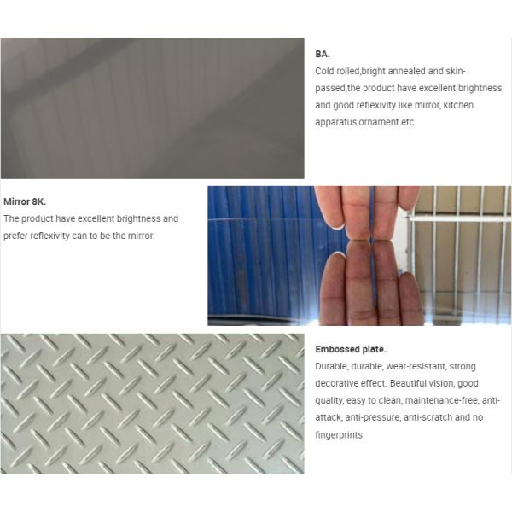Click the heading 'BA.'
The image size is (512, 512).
click(323, 55)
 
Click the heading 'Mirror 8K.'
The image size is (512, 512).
click(25, 201)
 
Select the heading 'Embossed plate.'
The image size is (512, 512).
click(351, 349)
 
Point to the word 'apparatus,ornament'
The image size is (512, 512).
click(357, 122)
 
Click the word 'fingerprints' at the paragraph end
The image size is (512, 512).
click(339, 435)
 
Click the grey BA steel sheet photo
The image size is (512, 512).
click(153, 108)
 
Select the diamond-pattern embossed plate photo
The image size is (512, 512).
click(153, 404)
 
